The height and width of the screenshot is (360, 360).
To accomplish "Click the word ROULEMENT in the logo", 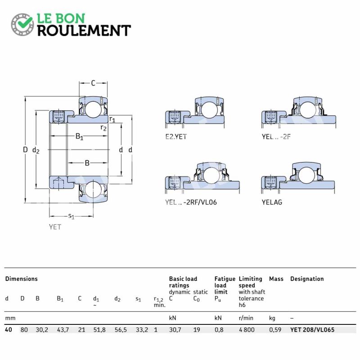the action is tap(84, 30).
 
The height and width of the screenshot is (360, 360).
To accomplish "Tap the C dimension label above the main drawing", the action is tap(93, 83).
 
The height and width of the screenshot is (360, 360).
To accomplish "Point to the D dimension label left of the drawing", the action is tap(25, 150).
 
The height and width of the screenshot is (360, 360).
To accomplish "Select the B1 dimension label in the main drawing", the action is tap(79, 137).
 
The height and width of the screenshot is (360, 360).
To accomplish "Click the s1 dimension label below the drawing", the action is tap(72, 216).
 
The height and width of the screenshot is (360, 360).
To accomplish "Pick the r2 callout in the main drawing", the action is tap(103, 128).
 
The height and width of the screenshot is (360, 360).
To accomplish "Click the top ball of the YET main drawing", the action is tap(93, 109).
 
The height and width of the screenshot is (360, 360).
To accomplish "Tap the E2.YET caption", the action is tap(176, 137).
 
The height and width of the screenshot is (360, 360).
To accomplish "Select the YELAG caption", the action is tap(272, 202).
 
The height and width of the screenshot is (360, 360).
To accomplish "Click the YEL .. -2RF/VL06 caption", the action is tap(191, 202).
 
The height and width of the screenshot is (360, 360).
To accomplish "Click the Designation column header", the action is tap(307, 279).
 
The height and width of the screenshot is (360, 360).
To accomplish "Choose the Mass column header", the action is tap(276, 279).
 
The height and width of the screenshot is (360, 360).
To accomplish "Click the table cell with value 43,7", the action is tap(63, 330).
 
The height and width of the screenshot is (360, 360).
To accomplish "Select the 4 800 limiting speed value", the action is tap(247, 330).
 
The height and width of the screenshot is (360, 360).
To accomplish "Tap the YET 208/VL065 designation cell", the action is tap(312, 330).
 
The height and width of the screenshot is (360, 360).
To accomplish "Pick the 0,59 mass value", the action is tap(275, 330).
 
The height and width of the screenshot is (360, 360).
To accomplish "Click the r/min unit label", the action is tap(246, 318).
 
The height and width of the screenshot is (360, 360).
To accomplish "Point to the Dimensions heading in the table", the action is tap(21, 279).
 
